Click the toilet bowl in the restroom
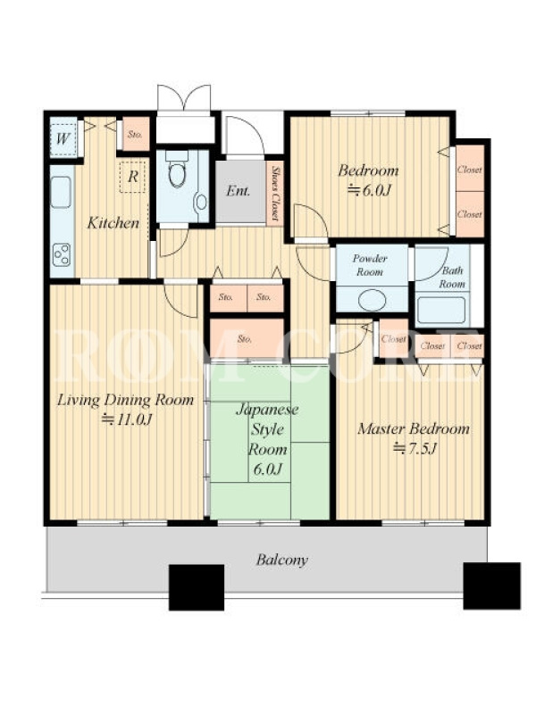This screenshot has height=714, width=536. click(x=177, y=173)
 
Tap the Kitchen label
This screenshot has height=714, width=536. click(x=113, y=222)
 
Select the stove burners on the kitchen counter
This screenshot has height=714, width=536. click(x=62, y=255)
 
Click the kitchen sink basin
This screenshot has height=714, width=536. click(x=61, y=192)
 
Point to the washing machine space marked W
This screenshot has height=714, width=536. click(x=63, y=137)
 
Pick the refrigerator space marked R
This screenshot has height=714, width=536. click(x=132, y=177)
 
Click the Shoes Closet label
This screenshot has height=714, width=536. click(x=275, y=193)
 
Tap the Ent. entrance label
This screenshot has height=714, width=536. click(x=238, y=191)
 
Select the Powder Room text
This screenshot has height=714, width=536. click(x=370, y=265)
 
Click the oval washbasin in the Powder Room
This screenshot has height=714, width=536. click(x=372, y=301)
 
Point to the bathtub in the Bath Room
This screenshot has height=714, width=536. click(x=441, y=310)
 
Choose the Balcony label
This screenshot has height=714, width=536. click(x=281, y=560)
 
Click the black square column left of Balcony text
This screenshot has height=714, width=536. click(x=197, y=587)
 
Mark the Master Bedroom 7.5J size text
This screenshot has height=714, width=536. click(x=415, y=449)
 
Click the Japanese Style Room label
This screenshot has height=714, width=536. click(x=267, y=429)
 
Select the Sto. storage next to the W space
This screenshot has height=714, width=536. click(x=136, y=135)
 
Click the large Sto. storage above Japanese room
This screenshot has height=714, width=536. click(x=247, y=338)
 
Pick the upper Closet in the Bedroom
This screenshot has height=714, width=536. click(x=470, y=169)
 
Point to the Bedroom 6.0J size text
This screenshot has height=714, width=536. click(x=369, y=190)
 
